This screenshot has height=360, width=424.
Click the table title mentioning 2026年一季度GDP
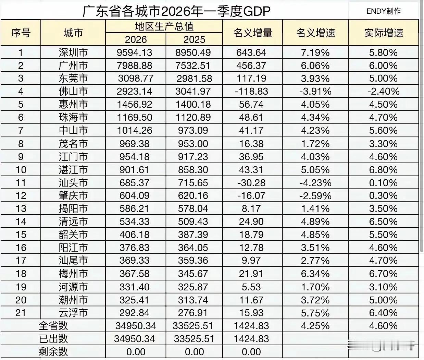point(176,11)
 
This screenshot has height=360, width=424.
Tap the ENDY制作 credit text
point(383,11)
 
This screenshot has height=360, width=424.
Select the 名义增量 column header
point(252,33)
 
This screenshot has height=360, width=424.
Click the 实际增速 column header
point(384,33)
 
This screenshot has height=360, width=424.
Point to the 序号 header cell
point(21,33)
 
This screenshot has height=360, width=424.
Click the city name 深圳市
point(73,52)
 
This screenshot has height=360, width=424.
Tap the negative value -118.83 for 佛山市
point(251,92)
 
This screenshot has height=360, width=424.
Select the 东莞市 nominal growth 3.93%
point(315,79)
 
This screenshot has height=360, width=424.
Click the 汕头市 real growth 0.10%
point(383,183)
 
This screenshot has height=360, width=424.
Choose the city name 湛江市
point(73,170)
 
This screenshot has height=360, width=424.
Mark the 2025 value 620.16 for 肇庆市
point(193,196)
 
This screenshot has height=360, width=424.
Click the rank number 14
point(21,221)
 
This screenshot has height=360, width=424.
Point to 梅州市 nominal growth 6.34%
point(315,274)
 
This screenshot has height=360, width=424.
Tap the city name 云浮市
point(73,313)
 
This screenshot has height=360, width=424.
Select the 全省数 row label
point(53,326)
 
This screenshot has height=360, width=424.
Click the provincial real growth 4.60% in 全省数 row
point(383,326)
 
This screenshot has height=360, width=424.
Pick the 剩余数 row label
point(53,352)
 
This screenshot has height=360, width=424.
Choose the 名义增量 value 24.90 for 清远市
point(251,221)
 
